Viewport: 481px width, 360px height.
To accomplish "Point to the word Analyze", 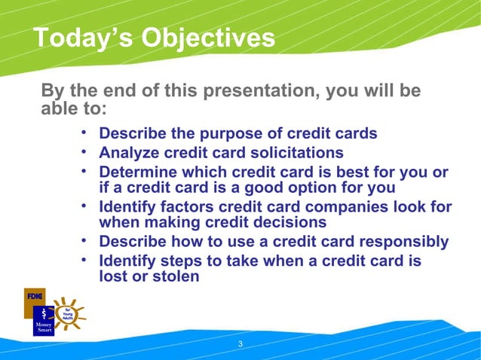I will point(129,153).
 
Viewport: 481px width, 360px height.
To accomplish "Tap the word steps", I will point(186,261).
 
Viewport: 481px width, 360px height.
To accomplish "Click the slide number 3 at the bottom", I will point(240,344).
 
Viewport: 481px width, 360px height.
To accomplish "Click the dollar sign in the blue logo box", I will point(44,312).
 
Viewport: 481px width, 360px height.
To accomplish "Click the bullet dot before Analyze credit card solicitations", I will point(86,153).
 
